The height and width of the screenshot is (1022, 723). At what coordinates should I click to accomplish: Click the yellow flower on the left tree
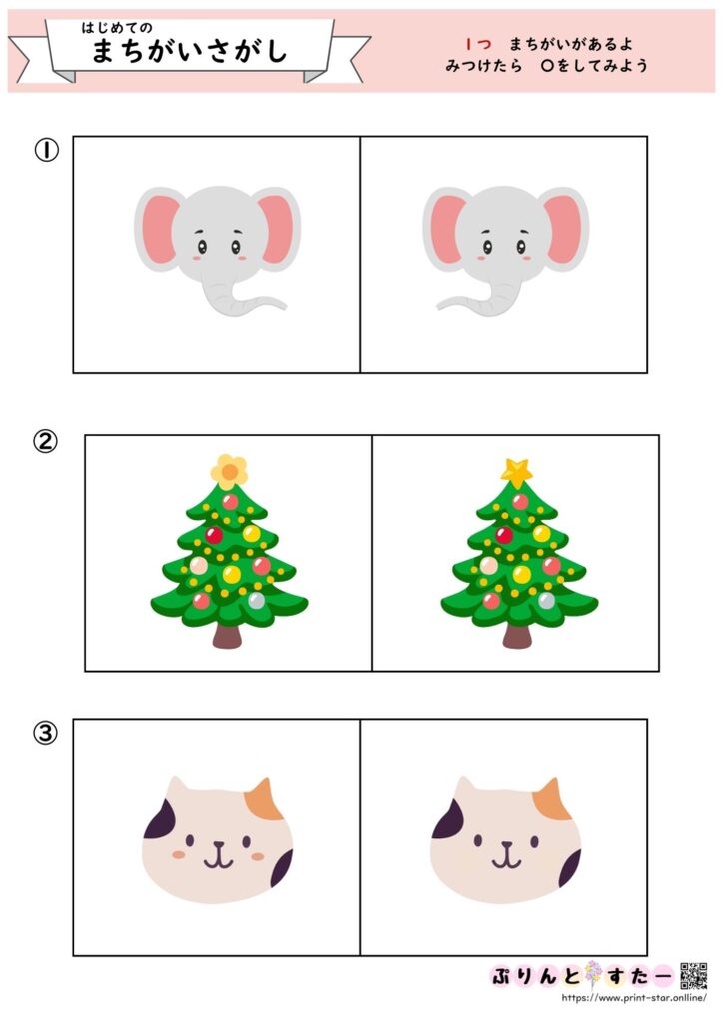tap(230, 472)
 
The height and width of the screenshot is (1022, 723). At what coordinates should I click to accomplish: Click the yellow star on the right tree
tap(517, 472)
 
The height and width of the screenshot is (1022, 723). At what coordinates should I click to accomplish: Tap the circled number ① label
tap(46, 151)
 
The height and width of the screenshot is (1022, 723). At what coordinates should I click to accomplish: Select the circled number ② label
tap(46, 442)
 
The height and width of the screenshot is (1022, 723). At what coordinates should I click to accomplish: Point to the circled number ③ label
tap(46, 734)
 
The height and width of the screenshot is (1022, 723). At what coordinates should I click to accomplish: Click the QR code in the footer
tap(694, 976)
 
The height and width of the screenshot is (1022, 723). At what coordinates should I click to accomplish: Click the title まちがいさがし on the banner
tap(190, 51)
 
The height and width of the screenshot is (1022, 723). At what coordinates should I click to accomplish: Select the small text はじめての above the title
tap(117, 27)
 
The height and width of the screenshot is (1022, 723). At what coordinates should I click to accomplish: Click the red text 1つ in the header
tap(478, 44)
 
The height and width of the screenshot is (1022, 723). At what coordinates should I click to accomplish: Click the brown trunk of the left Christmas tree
tap(227, 636)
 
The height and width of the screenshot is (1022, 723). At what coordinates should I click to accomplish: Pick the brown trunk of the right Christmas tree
tap(517, 636)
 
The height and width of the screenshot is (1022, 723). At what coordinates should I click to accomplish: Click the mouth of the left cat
tap(219, 856)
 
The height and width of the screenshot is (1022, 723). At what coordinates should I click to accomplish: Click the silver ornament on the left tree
tap(257, 600)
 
